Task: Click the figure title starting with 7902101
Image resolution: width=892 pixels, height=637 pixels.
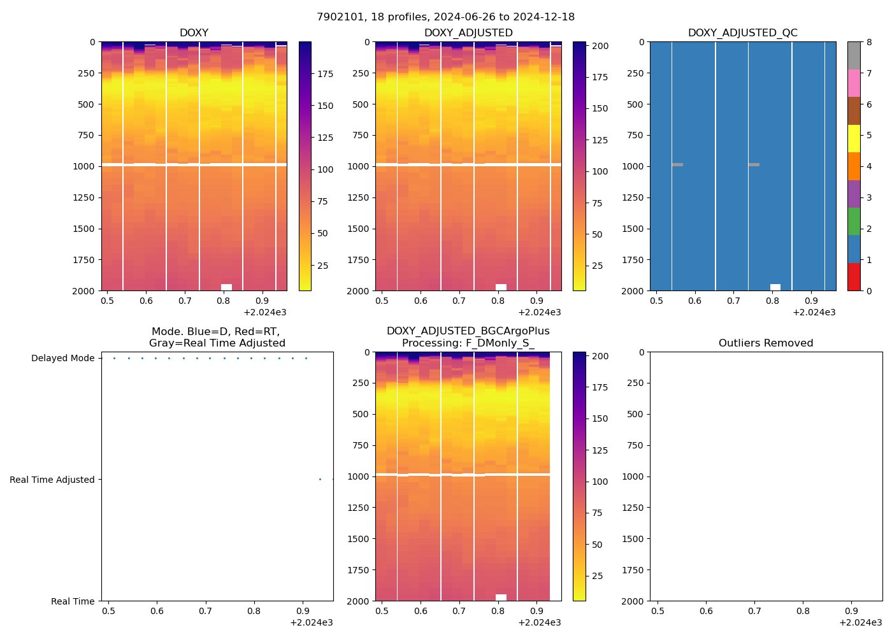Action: (x=445, y=17)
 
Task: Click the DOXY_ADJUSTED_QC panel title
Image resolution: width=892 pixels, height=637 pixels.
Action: (x=742, y=33)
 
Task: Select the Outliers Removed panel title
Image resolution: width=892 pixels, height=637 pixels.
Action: (x=766, y=343)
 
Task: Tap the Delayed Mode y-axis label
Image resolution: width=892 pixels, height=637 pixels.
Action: (x=62, y=358)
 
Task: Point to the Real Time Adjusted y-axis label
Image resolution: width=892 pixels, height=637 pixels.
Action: (x=52, y=480)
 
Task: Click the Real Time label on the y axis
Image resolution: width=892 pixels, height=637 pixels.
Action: (x=73, y=601)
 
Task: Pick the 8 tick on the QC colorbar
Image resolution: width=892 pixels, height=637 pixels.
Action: (x=868, y=42)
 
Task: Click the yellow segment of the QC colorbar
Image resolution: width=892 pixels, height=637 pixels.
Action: (x=854, y=138)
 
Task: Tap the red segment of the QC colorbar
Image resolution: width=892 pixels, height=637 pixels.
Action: (x=854, y=277)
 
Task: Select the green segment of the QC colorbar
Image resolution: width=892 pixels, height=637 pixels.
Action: (x=854, y=221)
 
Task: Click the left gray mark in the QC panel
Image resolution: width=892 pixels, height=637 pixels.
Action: (x=677, y=165)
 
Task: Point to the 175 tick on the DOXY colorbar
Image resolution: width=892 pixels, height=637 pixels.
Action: (x=325, y=75)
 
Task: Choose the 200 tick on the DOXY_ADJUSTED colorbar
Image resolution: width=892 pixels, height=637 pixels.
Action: (x=600, y=46)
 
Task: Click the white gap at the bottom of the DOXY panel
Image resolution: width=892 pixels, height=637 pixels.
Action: (x=226, y=287)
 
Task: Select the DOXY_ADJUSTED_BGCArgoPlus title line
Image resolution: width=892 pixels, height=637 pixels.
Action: (x=468, y=331)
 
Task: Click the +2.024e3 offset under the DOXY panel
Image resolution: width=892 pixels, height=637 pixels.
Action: (x=264, y=312)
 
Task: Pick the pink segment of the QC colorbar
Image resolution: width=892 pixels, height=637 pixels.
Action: (x=854, y=83)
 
